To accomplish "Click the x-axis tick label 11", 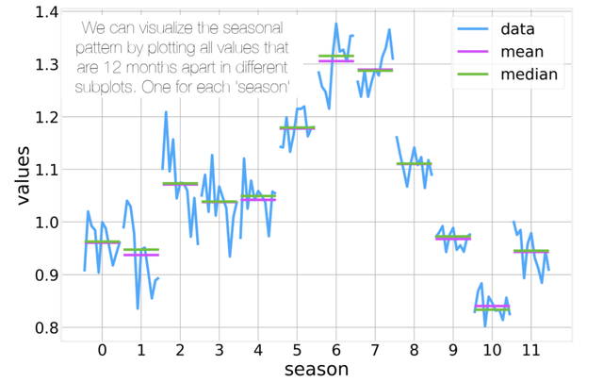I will tap(530, 349).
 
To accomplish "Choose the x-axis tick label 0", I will tap(102, 349).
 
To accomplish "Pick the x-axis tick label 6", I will tap(335, 349).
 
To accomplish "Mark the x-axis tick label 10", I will tap(492, 349).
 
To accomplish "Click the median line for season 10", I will tap(492, 308).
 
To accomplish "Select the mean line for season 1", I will tap(140, 255).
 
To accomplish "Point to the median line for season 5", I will tap(297, 127).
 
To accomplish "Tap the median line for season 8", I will tap(414, 163).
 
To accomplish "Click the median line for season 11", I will tap(530, 251).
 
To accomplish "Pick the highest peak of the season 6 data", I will tap(336, 24).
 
